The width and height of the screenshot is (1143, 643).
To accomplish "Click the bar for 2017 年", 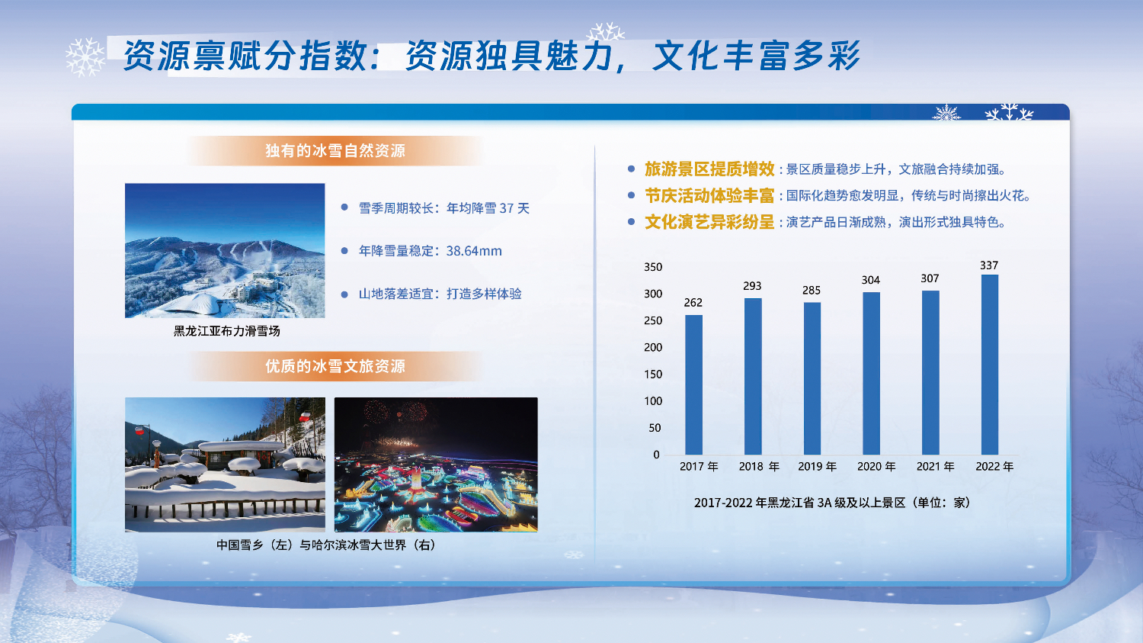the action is click(x=693, y=384).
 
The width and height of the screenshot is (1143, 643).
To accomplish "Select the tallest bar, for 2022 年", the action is click(x=989, y=365).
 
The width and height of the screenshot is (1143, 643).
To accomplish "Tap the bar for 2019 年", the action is click(x=812, y=378).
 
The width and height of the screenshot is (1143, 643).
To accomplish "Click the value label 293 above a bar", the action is click(x=752, y=286).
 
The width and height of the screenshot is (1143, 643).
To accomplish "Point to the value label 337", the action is click(x=989, y=265).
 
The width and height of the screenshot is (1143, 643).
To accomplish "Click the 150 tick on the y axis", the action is click(x=653, y=375).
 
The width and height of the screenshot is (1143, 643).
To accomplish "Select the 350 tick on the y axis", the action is click(x=653, y=267).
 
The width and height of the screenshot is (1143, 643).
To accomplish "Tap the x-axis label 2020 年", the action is click(x=876, y=466).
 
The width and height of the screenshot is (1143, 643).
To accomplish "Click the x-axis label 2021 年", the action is click(x=935, y=466).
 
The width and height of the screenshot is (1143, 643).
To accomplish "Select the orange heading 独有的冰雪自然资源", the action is click(x=335, y=151).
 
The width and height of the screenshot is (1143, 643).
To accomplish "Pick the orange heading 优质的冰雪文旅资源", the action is click(x=335, y=366).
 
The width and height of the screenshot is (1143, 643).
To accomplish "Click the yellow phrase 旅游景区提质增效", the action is click(x=709, y=169).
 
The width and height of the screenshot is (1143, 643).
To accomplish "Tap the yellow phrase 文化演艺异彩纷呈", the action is click(x=709, y=222).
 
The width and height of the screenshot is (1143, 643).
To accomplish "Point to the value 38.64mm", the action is click(x=474, y=251).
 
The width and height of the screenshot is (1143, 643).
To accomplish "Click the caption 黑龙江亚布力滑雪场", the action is click(x=226, y=331).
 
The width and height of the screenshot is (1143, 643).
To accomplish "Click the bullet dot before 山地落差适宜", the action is click(x=344, y=294).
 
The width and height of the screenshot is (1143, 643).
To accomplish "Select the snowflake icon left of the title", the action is click(x=85, y=56).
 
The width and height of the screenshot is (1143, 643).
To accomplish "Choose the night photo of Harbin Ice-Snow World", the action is click(x=436, y=465).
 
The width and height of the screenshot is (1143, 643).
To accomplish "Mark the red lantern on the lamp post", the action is click(x=139, y=432).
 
